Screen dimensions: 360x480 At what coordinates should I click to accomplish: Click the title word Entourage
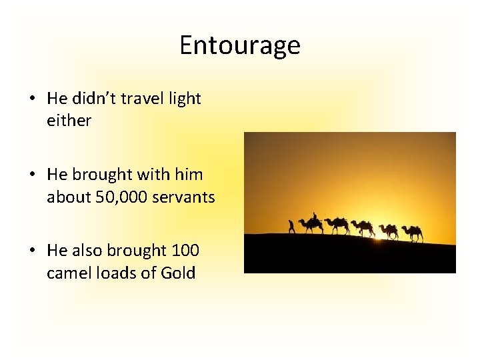click(240, 45)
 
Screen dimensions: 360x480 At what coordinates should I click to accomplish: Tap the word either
click(69, 121)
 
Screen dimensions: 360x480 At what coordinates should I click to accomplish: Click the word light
click(185, 99)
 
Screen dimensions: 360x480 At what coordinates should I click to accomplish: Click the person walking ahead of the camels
click(291, 227)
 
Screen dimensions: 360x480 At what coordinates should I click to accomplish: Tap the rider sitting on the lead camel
click(315, 217)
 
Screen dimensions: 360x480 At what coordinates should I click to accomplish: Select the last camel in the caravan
click(413, 232)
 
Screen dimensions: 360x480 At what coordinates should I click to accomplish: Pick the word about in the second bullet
click(67, 197)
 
